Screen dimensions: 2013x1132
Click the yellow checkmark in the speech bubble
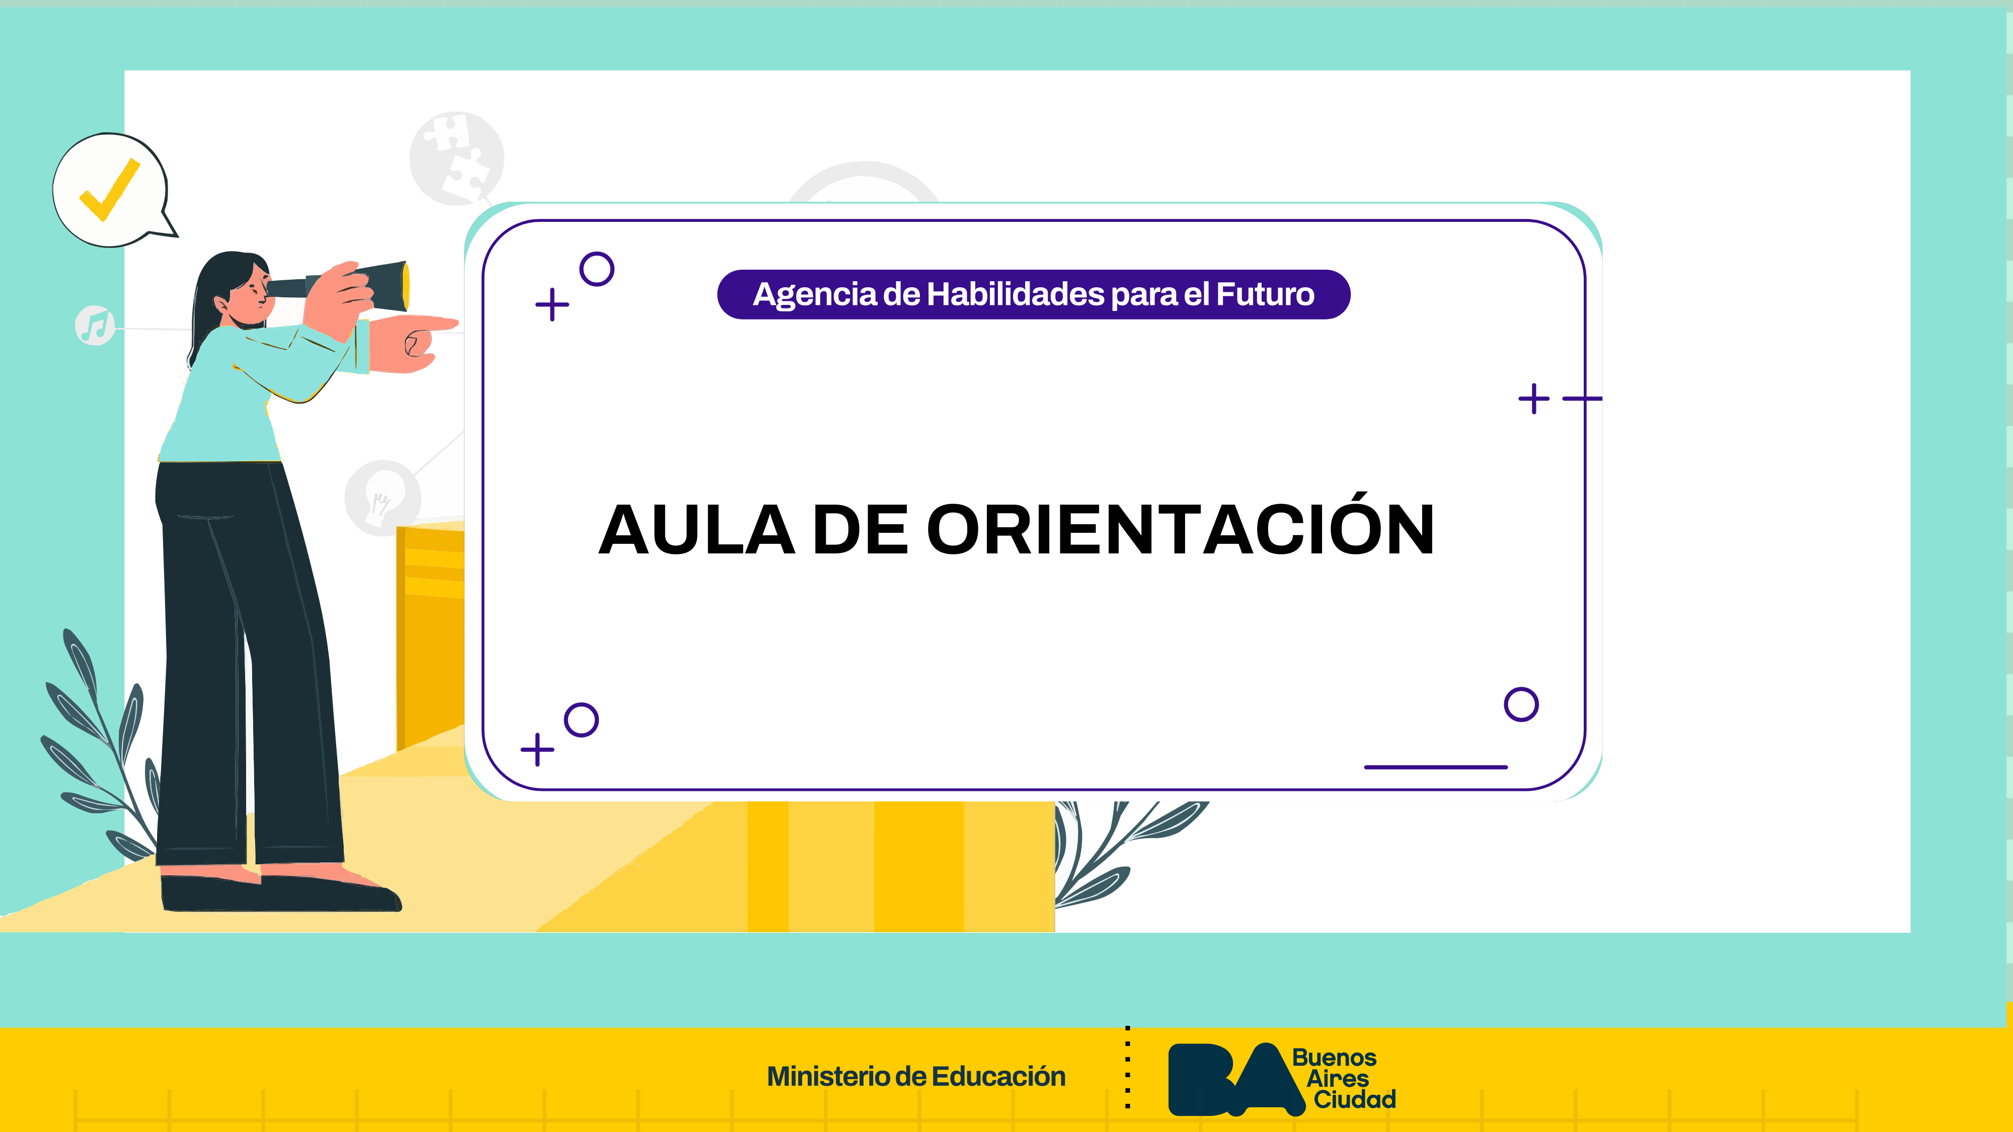pos(109,190)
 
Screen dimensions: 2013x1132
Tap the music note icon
pos(95,325)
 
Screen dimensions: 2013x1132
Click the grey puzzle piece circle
pos(457,158)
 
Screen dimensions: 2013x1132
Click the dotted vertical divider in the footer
pos(1128,1067)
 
